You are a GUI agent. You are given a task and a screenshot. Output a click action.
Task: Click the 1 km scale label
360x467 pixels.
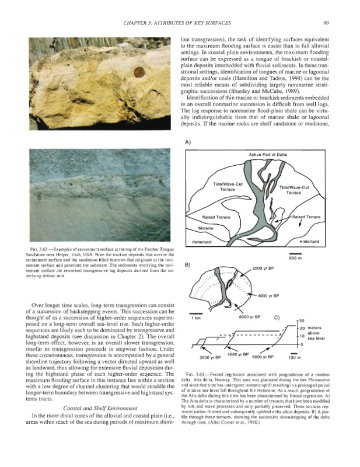196,318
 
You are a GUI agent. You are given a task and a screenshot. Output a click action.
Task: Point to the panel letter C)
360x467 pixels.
277,318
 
